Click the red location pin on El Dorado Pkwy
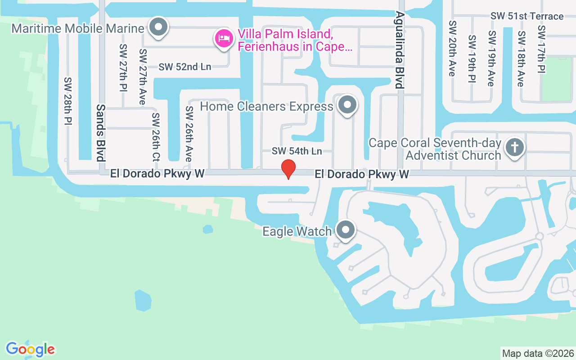point(288,169)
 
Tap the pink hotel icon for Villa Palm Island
point(224,38)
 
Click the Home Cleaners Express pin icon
point(347,105)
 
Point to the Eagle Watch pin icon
point(346,230)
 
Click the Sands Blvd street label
point(100,132)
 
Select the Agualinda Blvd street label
point(398,49)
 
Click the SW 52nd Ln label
point(184,67)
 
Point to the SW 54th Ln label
point(297,151)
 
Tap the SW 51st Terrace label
point(527,16)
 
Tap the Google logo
point(31,349)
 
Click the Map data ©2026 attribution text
point(538,353)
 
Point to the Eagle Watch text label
point(297,232)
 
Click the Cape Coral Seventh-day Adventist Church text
point(435,149)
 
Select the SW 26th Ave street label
point(189,134)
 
